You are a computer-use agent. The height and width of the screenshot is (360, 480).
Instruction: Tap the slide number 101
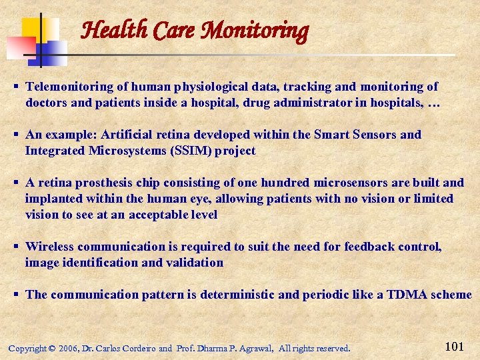click(x=453, y=346)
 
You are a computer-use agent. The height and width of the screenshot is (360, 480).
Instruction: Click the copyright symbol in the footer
click(x=51, y=349)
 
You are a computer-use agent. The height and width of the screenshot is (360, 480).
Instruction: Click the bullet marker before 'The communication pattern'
click(x=15, y=295)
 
